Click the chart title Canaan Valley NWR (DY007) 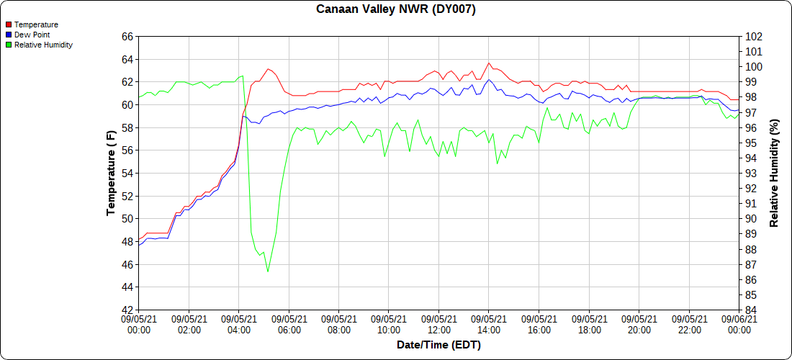click(x=395, y=9)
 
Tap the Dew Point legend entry click(x=28, y=35)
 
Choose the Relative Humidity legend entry click(x=40, y=45)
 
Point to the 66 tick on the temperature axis click(x=127, y=37)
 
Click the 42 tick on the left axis click(x=127, y=310)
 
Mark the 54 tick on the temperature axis click(x=127, y=174)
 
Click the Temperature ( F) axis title click(x=112, y=174)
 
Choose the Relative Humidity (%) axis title click(x=773, y=174)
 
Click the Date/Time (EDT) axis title click(x=439, y=346)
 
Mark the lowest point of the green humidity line click(x=268, y=271)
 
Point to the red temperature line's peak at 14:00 click(x=488, y=63)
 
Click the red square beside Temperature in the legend click(x=9, y=24)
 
